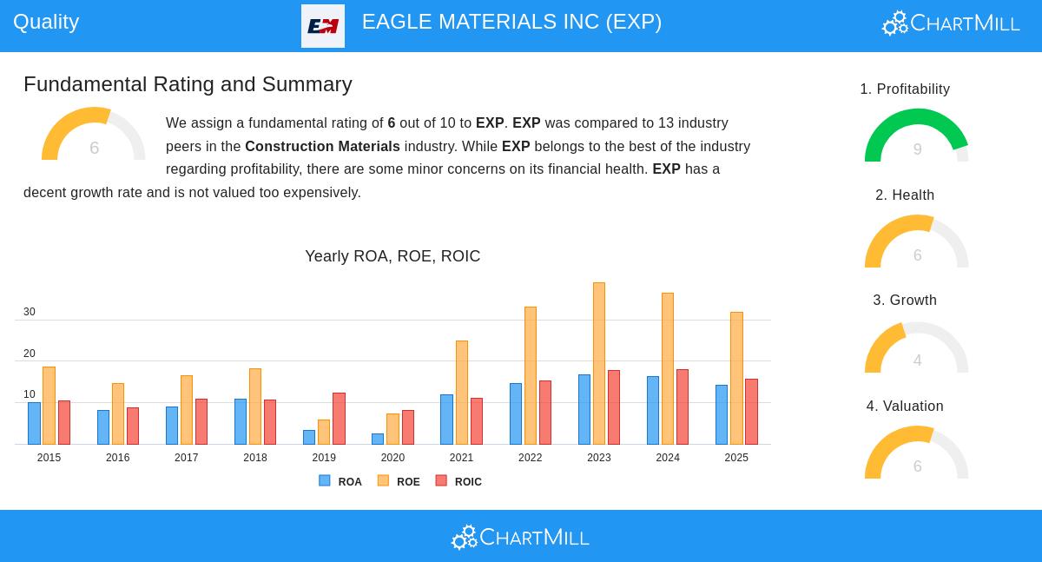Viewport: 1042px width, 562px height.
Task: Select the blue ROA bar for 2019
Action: [x=309, y=437]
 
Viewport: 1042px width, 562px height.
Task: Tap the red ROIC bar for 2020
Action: [x=408, y=427]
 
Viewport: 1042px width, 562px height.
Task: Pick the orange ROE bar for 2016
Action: [x=118, y=413]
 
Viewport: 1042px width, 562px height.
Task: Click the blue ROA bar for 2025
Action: [x=722, y=414]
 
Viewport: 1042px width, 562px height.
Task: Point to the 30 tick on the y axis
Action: [x=30, y=312]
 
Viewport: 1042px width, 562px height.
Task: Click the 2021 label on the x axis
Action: [x=461, y=458]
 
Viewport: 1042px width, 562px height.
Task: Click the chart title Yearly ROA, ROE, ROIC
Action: [x=392, y=256]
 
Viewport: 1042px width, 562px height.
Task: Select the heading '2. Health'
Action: [x=905, y=195]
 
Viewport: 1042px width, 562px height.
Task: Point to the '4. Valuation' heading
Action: [x=905, y=407]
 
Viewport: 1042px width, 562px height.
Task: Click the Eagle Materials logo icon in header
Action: [x=323, y=26]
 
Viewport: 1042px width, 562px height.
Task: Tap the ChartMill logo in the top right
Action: [x=951, y=23]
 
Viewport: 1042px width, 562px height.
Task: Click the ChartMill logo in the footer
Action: [x=520, y=538]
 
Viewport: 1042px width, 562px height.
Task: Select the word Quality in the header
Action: [x=46, y=22]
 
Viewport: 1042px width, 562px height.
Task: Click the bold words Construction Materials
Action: [x=322, y=147]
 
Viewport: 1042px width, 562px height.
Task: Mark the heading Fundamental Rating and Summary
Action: [x=188, y=84]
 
